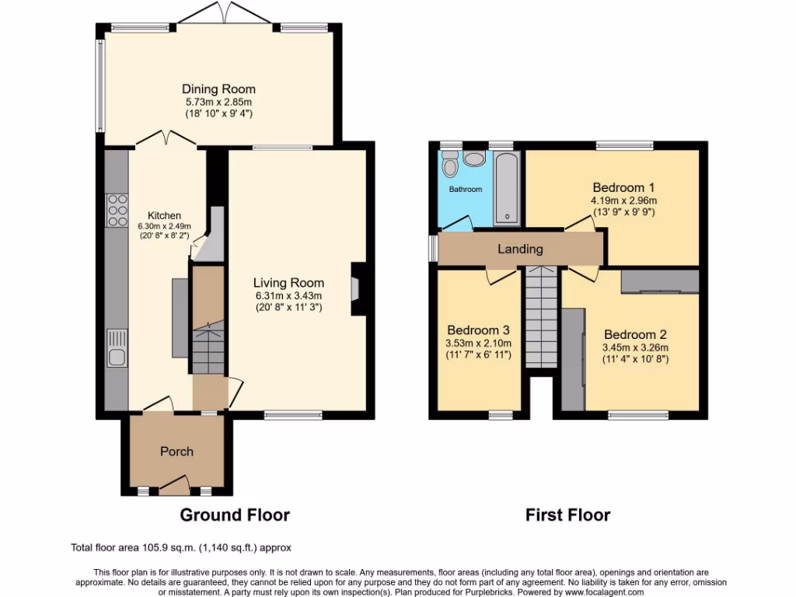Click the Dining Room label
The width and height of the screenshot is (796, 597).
[x=218, y=89]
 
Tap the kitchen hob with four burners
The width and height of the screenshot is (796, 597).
[x=117, y=210]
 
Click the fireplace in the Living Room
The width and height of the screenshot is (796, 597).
[x=357, y=288]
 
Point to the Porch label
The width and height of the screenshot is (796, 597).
[x=176, y=452]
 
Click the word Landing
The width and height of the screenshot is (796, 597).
[x=520, y=249]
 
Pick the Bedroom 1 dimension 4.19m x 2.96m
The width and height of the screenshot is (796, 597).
[x=623, y=200]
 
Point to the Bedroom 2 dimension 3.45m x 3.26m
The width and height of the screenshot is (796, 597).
[x=635, y=347]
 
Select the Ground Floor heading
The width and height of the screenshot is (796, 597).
[x=235, y=515]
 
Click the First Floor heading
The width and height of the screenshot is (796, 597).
[x=567, y=515]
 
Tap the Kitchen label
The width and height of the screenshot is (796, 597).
[x=164, y=215]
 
